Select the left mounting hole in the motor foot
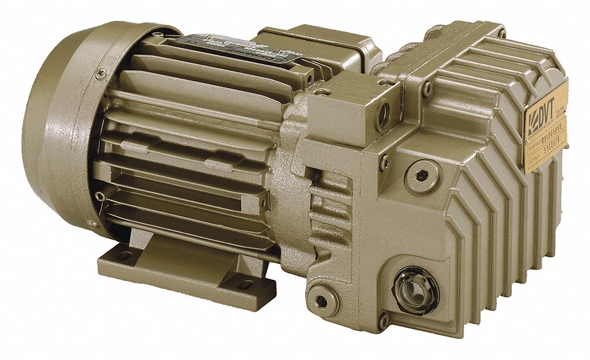(x=124, y=256)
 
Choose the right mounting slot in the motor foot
(x=244, y=285)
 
